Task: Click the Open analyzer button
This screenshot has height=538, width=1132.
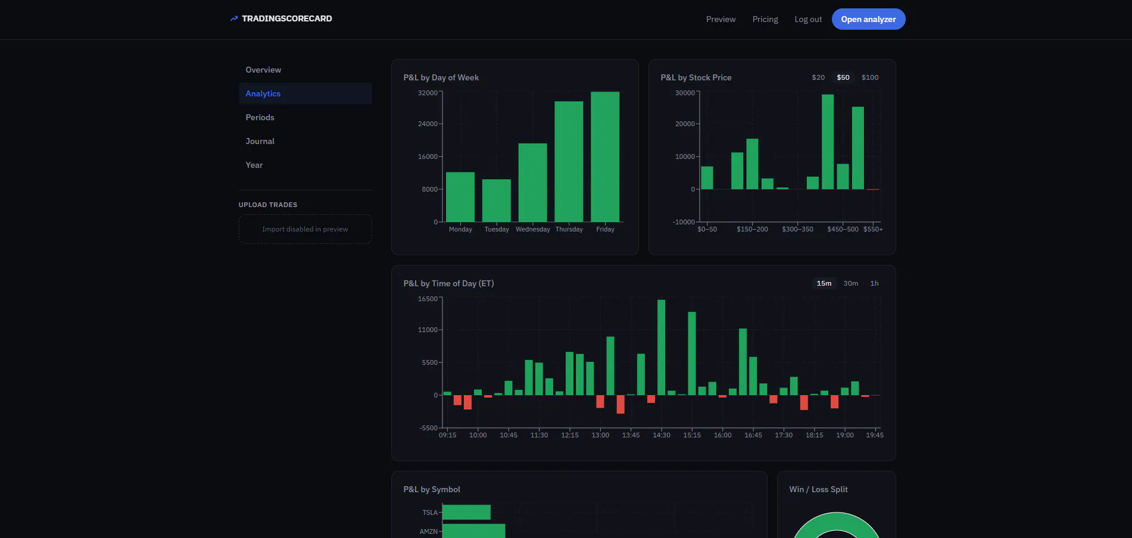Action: pyautogui.click(x=868, y=19)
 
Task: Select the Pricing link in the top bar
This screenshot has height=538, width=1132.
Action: pyautogui.click(x=765, y=19)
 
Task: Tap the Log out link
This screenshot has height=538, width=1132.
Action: pyautogui.click(x=808, y=19)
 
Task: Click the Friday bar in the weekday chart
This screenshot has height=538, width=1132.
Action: pyautogui.click(x=605, y=157)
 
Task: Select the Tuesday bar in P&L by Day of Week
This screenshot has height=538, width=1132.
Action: pyautogui.click(x=497, y=201)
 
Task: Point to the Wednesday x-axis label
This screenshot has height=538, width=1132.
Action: pyautogui.click(x=533, y=229)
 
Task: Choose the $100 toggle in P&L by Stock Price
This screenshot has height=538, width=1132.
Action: pyautogui.click(x=870, y=77)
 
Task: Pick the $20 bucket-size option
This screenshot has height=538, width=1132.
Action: pyautogui.click(x=818, y=77)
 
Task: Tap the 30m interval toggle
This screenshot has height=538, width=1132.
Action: pyautogui.click(x=851, y=283)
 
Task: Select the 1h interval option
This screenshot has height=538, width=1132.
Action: pyautogui.click(x=874, y=283)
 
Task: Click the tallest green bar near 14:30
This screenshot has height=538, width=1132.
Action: pyautogui.click(x=662, y=348)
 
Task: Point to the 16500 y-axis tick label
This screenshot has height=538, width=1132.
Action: pyautogui.click(x=428, y=299)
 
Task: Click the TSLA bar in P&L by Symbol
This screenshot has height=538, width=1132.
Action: pyautogui.click(x=466, y=512)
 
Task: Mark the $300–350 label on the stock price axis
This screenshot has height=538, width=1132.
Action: pyautogui.click(x=797, y=229)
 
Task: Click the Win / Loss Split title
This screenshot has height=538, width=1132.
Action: pyautogui.click(x=818, y=489)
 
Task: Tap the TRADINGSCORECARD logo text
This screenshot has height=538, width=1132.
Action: pyautogui.click(x=287, y=18)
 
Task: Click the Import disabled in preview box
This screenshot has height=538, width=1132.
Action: pyautogui.click(x=305, y=229)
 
